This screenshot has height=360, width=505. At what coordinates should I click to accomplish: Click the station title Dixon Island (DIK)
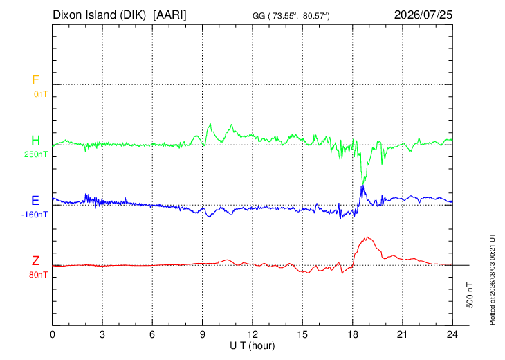(99, 15)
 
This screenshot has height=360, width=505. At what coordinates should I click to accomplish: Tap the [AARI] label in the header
(169, 15)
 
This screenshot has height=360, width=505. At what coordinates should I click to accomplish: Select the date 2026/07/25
(423, 15)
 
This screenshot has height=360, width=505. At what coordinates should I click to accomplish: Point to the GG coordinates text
(291, 15)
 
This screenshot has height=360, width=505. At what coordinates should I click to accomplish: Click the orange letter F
(35, 80)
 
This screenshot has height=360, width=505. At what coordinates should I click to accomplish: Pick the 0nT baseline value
(41, 94)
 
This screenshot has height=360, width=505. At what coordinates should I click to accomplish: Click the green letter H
(35, 141)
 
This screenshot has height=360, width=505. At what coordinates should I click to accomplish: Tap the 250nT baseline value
(36, 154)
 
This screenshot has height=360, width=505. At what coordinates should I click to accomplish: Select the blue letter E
(35, 201)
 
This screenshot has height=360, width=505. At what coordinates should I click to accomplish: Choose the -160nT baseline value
(35, 215)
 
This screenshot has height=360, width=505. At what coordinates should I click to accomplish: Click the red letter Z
(35, 261)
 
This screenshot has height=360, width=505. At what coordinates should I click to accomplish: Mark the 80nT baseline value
(38, 275)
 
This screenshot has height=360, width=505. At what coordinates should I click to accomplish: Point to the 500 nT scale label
(470, 295)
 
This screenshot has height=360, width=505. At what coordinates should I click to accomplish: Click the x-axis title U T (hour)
(252, 346)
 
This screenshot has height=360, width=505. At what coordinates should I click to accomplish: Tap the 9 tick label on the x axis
(202, 334)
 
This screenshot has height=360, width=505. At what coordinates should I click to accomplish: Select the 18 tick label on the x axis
(353, 334)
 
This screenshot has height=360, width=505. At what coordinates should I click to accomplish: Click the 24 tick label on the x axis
(452, 334)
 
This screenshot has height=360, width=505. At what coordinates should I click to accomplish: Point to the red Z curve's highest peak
(367, 237)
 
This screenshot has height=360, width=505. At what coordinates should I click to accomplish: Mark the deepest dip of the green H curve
(363, 183)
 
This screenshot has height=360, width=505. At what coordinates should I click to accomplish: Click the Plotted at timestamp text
(492, 279)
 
